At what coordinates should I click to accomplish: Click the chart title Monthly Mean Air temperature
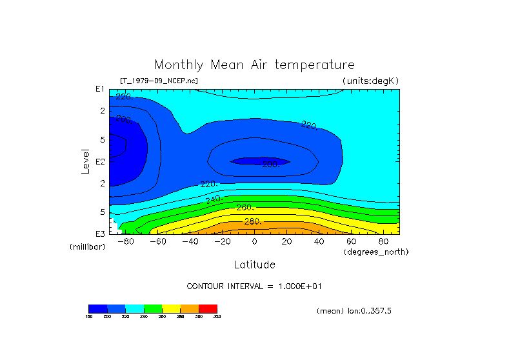pyautogui.click(x=254, y=65)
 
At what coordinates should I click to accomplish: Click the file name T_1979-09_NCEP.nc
pyautogui.click(x=159, y=81)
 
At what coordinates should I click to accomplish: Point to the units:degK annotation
pyautogui.click(x=371, y=81)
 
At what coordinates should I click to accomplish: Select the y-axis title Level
pyautogui.click(x=86, y=161)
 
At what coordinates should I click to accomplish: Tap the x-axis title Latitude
pyautogui.click(x=254, y=265)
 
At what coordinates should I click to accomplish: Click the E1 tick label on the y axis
pyautogui.click(x=101, y=89)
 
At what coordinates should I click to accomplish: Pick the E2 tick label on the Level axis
pyautogui.click(x=101, y=161)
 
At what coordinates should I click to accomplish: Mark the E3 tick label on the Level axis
pyautogui.click(x=101, y=234)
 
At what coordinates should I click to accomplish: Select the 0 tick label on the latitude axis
pyautogui.click(x=254, y=242)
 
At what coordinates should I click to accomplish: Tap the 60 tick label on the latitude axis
pyautogui.click(x=351, y=242)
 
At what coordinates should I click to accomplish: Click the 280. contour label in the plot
pyautogui.click(x=252, y=221)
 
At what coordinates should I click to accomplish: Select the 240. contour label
pyautogui.click(x=214, y=199)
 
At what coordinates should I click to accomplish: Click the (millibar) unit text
pyautogui.click(x=87, y=247)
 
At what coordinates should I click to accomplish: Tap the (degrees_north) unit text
pyautogui.click(x=376, y=252)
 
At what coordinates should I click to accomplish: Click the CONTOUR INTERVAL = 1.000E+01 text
pyautogui.click(x=254, y=286)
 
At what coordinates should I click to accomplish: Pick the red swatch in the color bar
pyautogui.click(x=208, y=309)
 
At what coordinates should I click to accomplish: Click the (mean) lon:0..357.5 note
pyautogui.click(x=354, y=311)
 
